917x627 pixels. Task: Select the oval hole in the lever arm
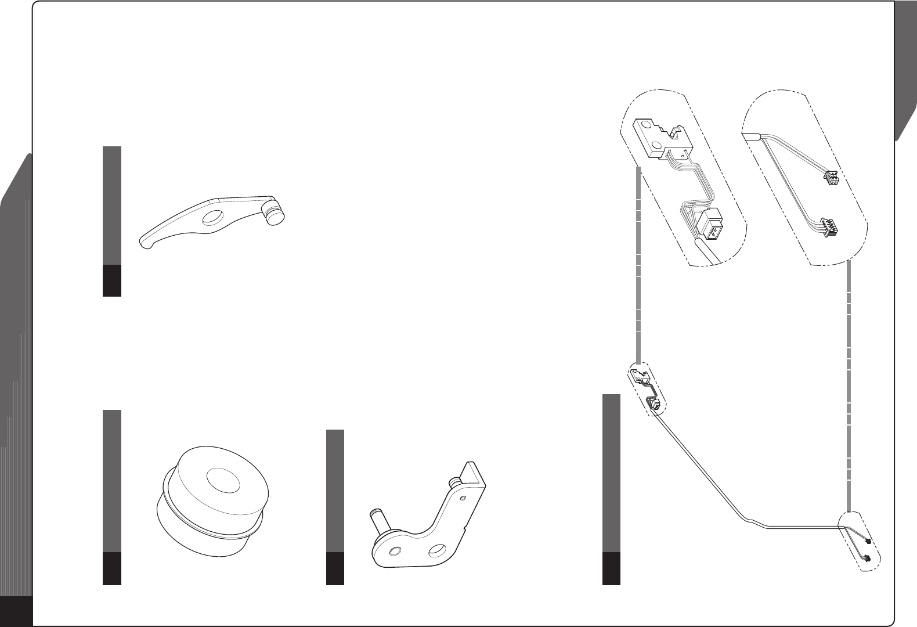tap(212, 218)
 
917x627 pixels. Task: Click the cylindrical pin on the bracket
tap(378, 517)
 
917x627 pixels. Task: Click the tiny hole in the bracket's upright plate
tap(462, 498)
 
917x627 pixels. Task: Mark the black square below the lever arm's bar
tap(112, 280)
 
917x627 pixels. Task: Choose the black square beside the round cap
tap(112, 568)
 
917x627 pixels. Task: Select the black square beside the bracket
tap(335, 568)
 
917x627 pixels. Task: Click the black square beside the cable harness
tap(611, 568)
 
